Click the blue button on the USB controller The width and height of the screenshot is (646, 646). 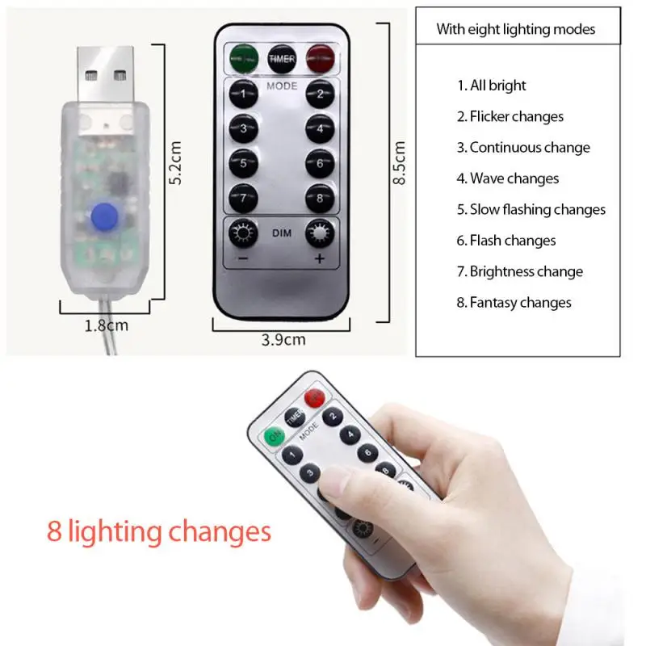pyautogui.click(x=105, y=216)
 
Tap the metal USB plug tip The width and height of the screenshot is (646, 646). pyautogui.click(x=106, y=75)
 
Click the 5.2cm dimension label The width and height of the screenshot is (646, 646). pyautogui.click(x=175, y=163)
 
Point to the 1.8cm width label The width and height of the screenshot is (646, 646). pyautogui.click(x=107, y=326)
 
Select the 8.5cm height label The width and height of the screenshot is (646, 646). pyautogui.click(x=399, y=163)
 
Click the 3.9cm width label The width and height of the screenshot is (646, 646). pyautogui.click(x=283, y=340)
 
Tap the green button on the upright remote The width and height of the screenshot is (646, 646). pyautogui.click(x=244, y=59)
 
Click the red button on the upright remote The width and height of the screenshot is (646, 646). pyautogui.click(x=320, y=59)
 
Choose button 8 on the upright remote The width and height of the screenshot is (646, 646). pyautogui.click(x=320, y=199)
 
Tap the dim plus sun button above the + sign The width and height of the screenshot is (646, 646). pyautogui.click(x=320, y=233)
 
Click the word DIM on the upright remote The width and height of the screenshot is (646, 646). pyautogui.click(x=282, y=233)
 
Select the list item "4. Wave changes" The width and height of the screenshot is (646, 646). pyautogui.click(x=508, y=178)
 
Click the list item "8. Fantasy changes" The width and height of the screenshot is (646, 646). pyautogui.click(x=514, y=303)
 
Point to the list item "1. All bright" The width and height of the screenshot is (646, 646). pyautogui.click(x=492, y=86)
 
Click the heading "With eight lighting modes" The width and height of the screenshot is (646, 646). pyautogui.click(x=516, y=29)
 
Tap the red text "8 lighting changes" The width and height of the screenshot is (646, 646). pyautogui.click(x=159, y=531)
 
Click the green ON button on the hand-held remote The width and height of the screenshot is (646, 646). pyautogui.click(x=275, y=435)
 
